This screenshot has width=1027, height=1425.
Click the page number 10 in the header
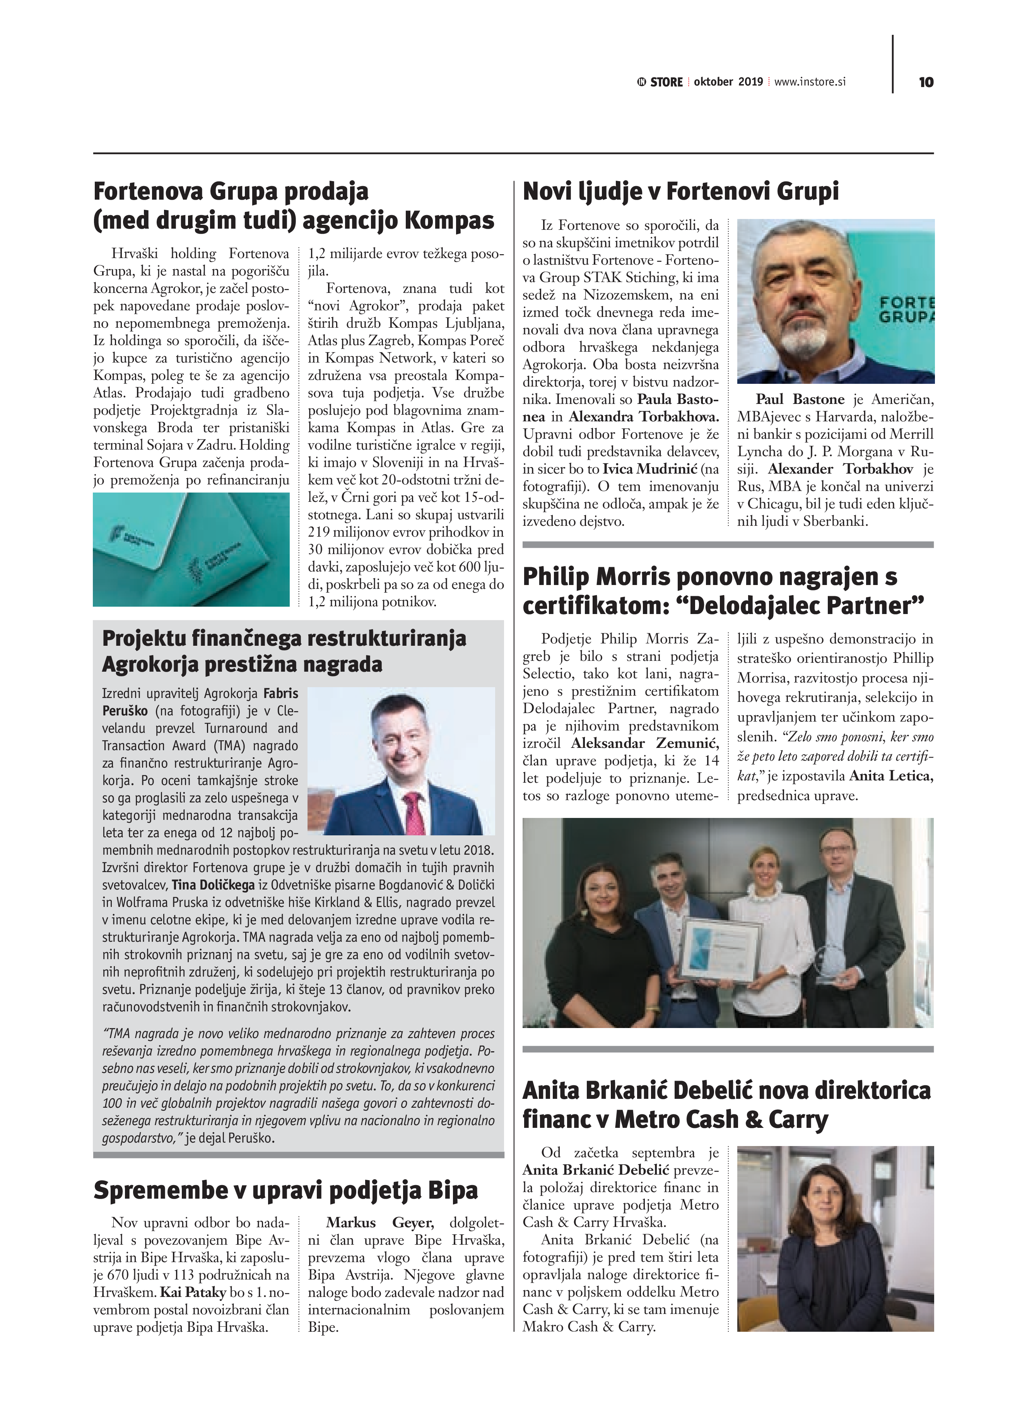point(926,82)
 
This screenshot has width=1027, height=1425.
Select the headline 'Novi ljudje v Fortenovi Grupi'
point(680,191)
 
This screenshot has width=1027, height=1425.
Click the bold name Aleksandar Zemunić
point(644,743)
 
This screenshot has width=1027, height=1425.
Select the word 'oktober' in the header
point(714,82)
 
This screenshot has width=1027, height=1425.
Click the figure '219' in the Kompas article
point(319,532)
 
